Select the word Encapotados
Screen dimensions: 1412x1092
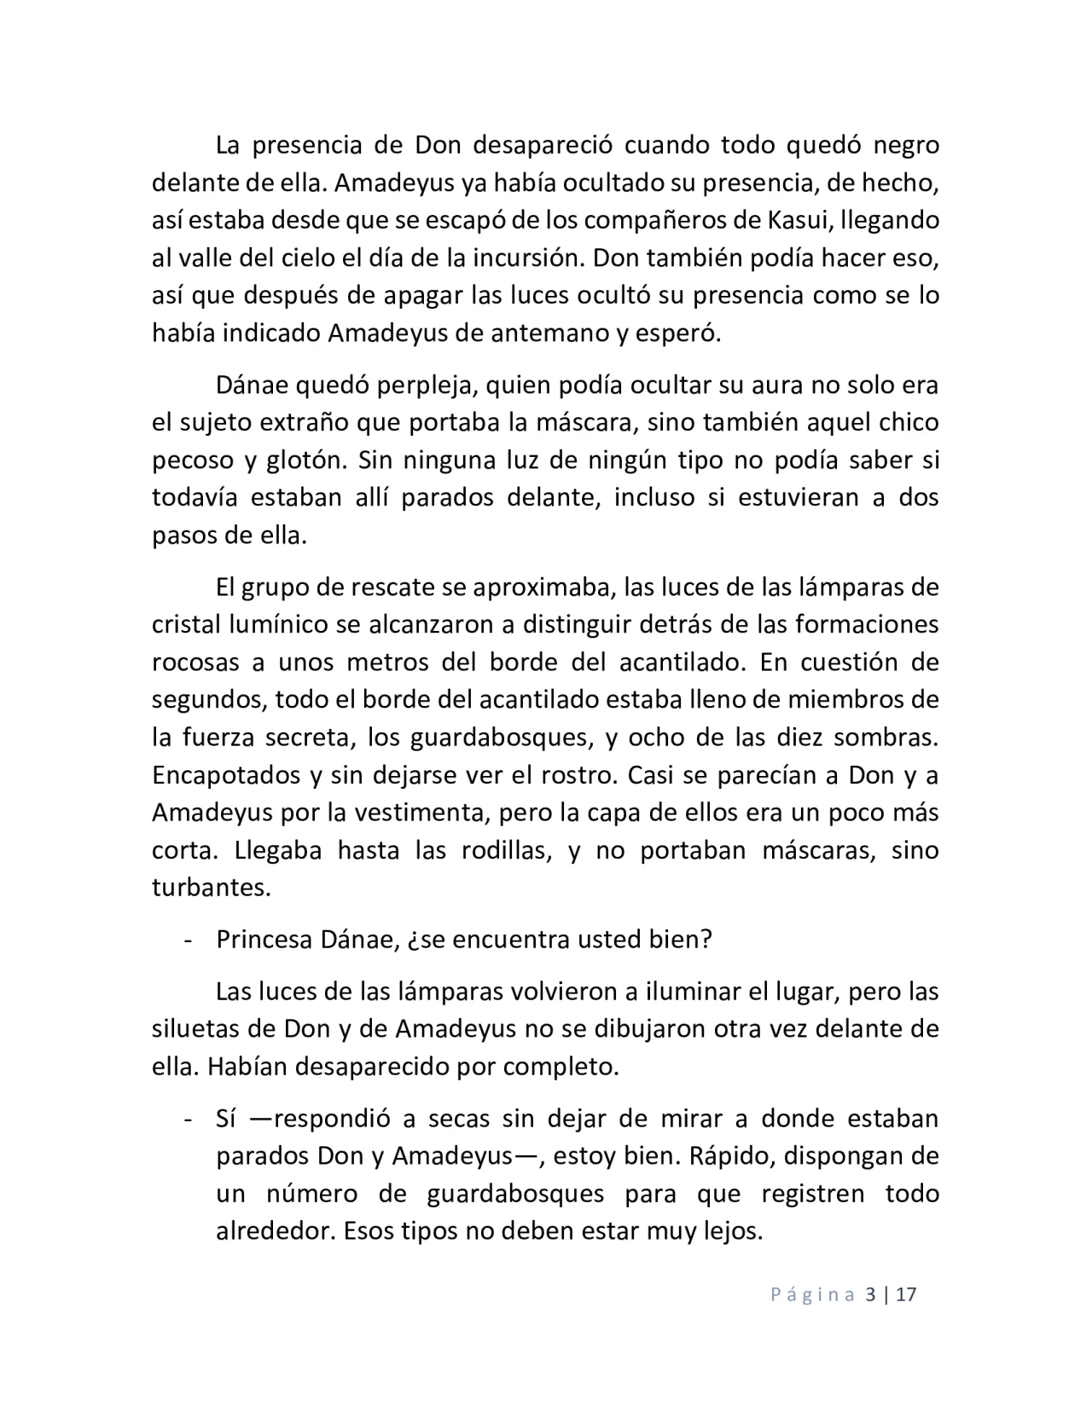click(x=225, y=775)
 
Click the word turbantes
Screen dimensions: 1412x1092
click(x=211, y=888)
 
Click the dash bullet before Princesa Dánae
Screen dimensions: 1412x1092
click(x=186, y=940)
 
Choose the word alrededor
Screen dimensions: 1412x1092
click(x=272, y=1231)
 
